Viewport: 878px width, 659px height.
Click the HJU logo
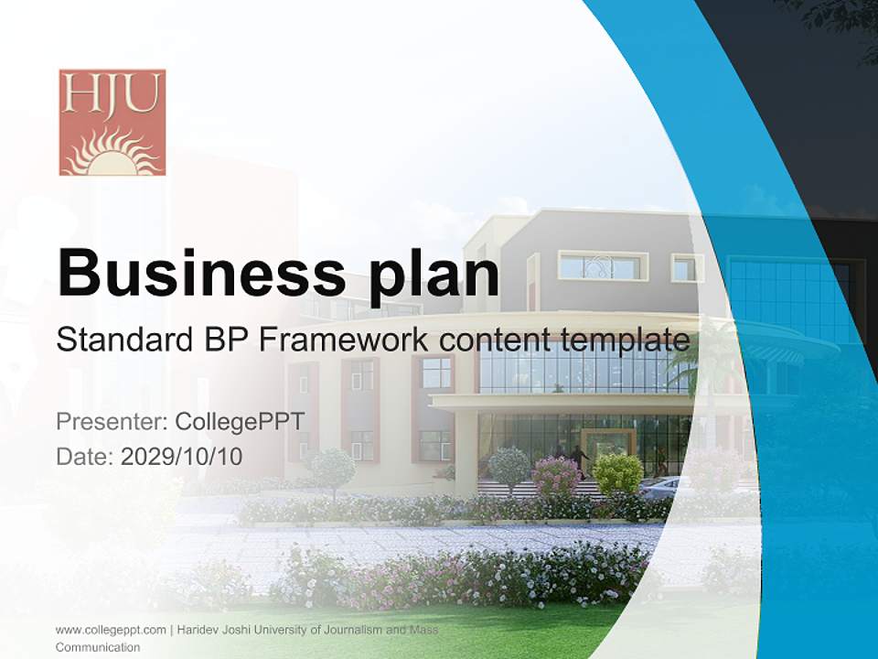(x=112, y=122)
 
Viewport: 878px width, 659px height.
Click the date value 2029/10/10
(x=182, y=456)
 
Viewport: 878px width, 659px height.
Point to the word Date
(x=84, y=456)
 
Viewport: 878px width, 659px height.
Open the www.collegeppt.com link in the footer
(x=111, y=630)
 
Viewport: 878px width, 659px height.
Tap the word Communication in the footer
(x=98, y=647)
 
